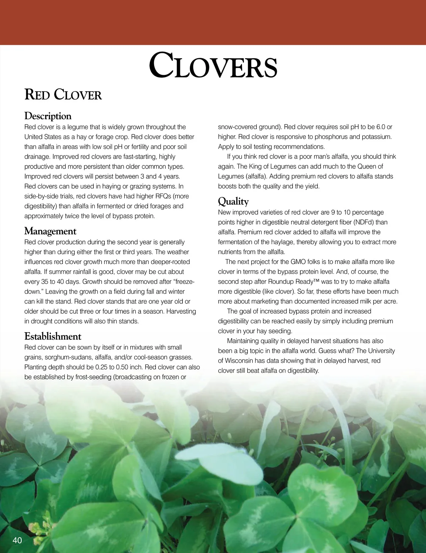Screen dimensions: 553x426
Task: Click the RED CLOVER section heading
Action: tap(63, 95)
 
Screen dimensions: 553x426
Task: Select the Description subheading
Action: tap(48, 116)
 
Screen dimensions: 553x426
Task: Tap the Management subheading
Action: tap(50, 231)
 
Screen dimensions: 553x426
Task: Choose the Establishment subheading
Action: tap(53, 336)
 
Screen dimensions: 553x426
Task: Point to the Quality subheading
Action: tap(233, 201)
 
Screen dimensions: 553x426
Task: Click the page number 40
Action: tap(17, 540)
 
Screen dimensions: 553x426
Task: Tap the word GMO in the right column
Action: tap(298, 262)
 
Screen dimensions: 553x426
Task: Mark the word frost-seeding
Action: tap(93, 377)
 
